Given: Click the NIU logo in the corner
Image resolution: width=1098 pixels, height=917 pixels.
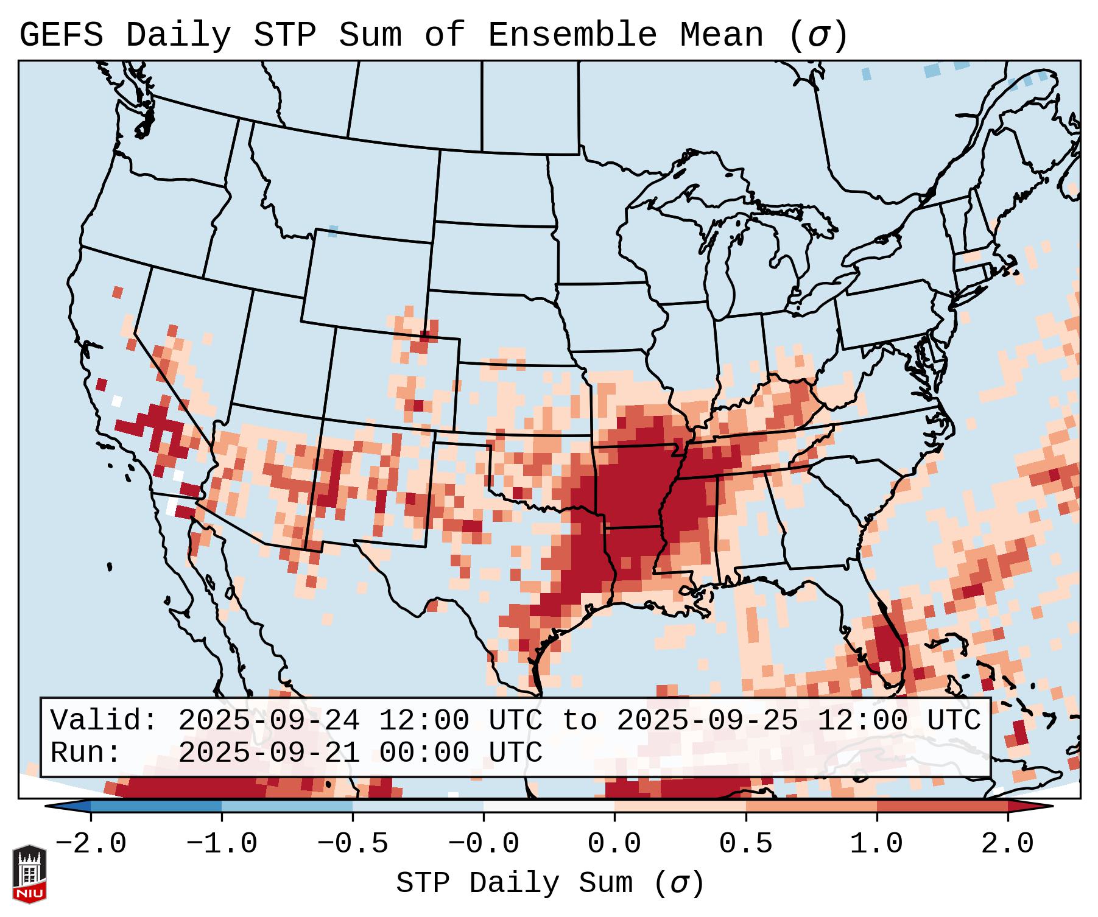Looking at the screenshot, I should point(29,874).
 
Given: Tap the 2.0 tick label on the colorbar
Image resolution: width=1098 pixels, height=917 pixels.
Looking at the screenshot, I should point(1007,844).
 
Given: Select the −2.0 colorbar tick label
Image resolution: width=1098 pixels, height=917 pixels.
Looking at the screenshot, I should point(91,844).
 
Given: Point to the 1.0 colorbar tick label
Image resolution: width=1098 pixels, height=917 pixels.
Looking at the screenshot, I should point(876,844).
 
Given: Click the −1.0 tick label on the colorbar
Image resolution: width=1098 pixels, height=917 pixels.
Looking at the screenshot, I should point(222,844).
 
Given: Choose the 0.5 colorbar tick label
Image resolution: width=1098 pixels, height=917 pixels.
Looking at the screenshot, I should point(745,844).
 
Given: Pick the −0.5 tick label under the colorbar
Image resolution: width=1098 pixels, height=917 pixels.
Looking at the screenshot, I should point(353,844).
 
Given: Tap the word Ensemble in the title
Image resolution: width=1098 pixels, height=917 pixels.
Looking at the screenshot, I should point(572,35).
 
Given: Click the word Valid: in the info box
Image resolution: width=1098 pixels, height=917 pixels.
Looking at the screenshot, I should point(104,720).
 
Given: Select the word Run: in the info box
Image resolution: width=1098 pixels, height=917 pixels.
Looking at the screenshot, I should point(85,753).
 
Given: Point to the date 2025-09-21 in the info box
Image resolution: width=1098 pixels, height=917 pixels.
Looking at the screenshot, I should point(269,753).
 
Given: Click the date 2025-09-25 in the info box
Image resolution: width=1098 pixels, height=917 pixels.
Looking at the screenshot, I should point(707,720).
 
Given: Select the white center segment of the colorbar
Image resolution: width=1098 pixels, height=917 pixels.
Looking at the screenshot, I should point(549,806).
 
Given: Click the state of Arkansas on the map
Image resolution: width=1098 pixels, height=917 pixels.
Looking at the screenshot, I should point(633,487).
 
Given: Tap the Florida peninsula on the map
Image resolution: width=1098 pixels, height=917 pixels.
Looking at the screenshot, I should point(889,645).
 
